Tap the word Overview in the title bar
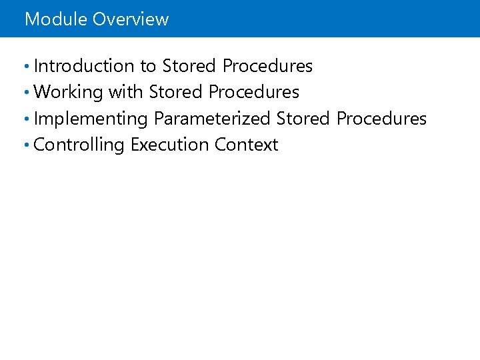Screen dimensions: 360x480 (x=131, y=19)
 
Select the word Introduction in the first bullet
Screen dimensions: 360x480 (x=84, y=66)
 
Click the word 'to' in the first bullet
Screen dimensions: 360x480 (x=148, y=66)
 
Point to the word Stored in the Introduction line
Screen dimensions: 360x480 (x=189, y=66)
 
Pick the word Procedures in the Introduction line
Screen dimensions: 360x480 (x=267, y=66)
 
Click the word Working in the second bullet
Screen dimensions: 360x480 (x=68, y=92)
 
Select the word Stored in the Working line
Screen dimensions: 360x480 (x=176, y=92)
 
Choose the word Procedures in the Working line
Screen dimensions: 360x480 (x=254, y=92)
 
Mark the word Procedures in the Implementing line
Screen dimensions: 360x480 (x=381, y=119)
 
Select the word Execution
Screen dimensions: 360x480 (x=170, y=145)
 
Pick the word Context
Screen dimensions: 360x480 (x=246, y=145)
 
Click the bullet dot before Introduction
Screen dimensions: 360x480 (x=25, y=67)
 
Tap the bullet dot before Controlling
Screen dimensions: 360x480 (x=25, y=145)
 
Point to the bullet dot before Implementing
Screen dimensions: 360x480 (x=25, y=119)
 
